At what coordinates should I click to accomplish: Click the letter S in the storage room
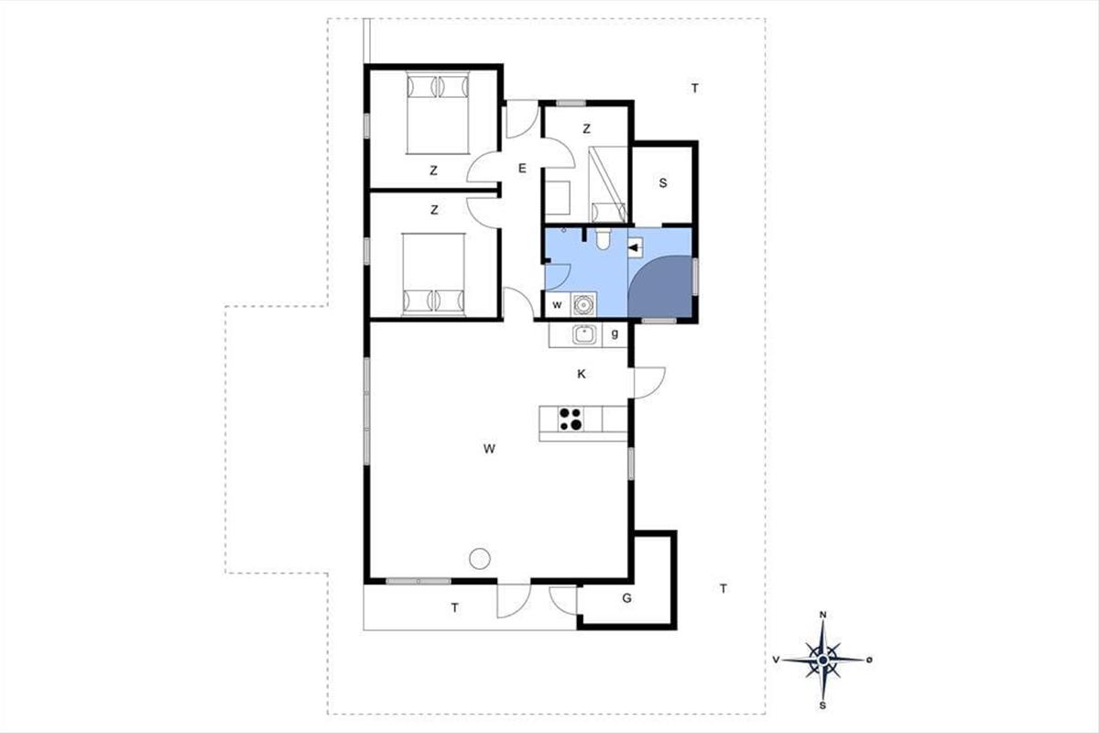tap(663, 183)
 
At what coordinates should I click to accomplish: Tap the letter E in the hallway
tap(522, 169)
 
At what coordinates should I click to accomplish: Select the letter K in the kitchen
tap(582, 374)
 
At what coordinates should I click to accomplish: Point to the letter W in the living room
tap(489, 448)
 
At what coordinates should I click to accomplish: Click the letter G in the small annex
tap(626, 598)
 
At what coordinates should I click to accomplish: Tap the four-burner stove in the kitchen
tap(571, 420)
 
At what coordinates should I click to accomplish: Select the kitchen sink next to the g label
tap(584, 334)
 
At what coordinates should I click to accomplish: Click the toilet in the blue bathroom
tap(603, 238)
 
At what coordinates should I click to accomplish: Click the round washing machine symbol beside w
tap(583, 304)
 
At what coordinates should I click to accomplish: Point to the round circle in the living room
tap(479, 558)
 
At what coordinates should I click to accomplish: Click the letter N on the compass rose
tap(823, 615)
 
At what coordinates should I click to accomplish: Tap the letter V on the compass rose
tap(776, 660)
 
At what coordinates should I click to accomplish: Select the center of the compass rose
tap(823, 661)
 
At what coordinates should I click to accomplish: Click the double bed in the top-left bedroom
tap(438, 113)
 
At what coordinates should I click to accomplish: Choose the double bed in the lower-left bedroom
tap(433, 275)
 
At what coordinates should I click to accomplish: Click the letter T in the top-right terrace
tap(695, 88)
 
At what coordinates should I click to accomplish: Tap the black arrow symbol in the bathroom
tap(635, 248)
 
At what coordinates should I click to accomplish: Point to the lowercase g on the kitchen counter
tap(615, 334)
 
